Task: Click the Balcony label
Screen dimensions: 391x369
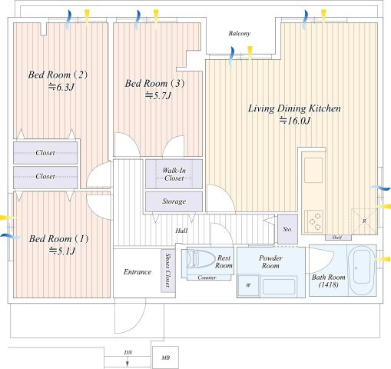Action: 239,33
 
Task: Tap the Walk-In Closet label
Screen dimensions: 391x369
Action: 174,175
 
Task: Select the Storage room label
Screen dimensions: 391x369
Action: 174,201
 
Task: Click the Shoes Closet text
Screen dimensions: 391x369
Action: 167,270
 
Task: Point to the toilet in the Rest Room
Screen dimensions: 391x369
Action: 200,259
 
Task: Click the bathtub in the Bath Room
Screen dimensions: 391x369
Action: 362,271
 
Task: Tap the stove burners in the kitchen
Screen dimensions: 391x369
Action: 313,221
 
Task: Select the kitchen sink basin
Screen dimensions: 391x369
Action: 313,170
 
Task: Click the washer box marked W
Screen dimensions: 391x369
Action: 248,285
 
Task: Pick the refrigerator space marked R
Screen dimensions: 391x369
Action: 364,221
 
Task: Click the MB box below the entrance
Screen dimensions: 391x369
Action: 165,357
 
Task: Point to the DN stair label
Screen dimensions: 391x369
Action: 128,353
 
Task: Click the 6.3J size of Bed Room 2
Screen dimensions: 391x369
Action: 61,88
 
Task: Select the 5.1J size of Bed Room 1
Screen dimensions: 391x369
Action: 62,251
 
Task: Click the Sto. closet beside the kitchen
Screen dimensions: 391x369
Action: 287,229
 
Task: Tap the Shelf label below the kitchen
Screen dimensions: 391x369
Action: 336,238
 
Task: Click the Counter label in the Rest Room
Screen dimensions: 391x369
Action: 207,278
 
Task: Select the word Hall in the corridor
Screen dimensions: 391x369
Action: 181,231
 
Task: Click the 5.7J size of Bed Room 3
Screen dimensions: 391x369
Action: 158,96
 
